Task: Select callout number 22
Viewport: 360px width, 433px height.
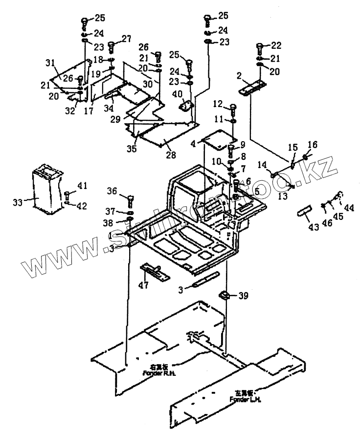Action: pos(276,46)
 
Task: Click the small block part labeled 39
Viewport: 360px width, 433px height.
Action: pos(226,295)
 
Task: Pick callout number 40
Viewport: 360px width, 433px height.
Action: pos(177,94)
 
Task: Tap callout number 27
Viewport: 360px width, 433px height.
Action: pos(127,38)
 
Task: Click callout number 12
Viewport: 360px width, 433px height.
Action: pos(218,104)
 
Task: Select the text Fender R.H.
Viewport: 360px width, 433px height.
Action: pos(157,373)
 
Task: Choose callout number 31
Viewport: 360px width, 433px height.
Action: pos(49,63)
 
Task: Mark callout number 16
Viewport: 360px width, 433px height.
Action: pos(312,144)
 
